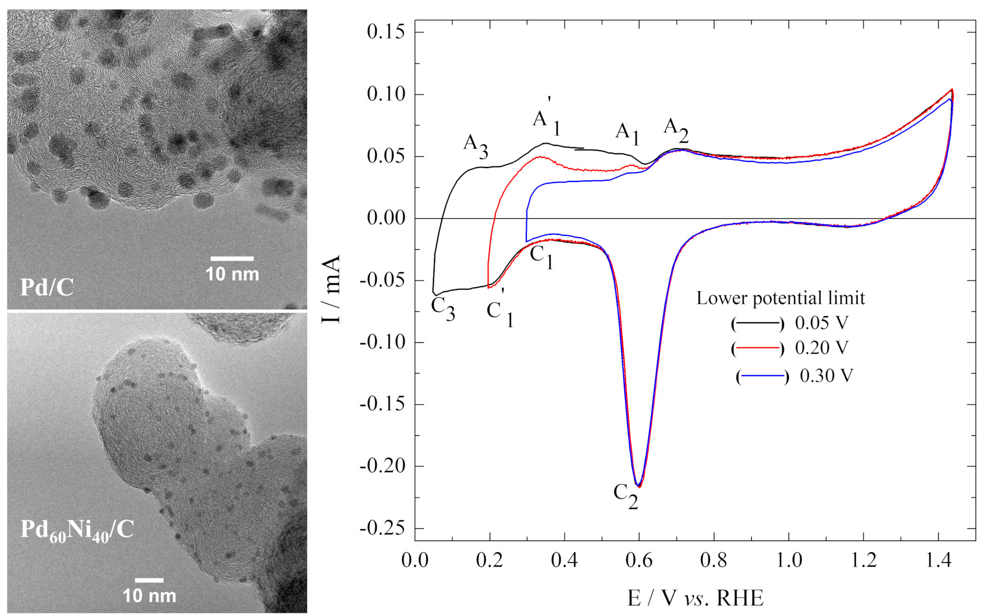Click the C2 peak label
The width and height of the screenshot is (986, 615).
(x=626, y=495)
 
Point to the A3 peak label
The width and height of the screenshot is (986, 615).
(x=476, y=146)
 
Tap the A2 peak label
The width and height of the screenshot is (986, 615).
(x=676, y=130)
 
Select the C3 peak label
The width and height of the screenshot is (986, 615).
(x=443, y=308)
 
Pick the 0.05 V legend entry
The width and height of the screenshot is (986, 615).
(x=790, y=323)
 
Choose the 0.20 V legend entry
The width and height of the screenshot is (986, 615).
(x=790, y=348)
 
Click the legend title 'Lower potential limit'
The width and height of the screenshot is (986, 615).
(x=781, y=298)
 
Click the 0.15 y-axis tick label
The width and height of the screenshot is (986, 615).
(x=386, y=32)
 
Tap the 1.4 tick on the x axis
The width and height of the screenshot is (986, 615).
(x=938, y=559)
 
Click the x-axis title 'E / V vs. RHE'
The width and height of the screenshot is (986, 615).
(x=695, y=598)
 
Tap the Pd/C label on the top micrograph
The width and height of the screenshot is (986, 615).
(x=47, y=287)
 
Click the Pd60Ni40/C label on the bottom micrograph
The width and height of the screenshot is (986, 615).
(x=77, y=530)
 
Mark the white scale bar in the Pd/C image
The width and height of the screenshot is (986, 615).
(x=232, y=259)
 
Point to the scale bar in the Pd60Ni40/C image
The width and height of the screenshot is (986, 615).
(x=149, y=580)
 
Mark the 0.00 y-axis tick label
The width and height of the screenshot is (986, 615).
(x=386, y=218)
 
